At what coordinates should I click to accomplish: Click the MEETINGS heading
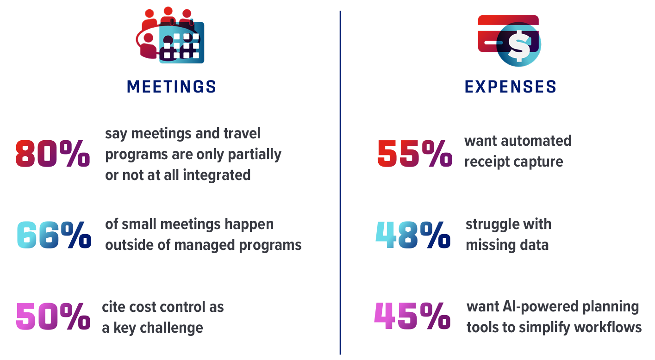click(171, 87)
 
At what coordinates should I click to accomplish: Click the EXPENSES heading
click(510, 87)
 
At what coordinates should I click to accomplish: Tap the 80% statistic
click(53, 154)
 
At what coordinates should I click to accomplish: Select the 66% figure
click(54, 235)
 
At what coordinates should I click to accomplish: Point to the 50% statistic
click(53, 316)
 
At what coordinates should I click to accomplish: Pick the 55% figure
click(415, 154)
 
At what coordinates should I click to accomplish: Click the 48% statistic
click(413, 235)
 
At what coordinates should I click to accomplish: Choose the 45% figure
click(412, 316)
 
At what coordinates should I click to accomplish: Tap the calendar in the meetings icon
click(181, 43)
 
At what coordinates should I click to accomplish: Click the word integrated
click(217, 175)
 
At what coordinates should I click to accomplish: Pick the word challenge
click(171, 328)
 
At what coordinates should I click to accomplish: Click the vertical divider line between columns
click(340, 183)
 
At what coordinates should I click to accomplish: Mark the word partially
click(255, 155)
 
